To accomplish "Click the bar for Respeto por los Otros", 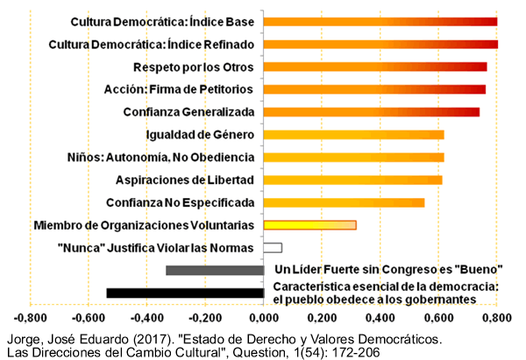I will [x=375, y=67].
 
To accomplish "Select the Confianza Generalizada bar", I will [x=372, y=111].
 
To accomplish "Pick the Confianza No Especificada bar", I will [x=344, y=202].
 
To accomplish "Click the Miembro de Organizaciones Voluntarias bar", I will [x=309, y=225].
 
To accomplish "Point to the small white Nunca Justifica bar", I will [x=273, y=248].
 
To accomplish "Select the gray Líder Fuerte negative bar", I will [x=215, y=270].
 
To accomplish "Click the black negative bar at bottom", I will [x=185, y=293].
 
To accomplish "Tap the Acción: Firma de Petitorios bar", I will [x=374, y=88].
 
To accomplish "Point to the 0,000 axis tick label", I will [x=264, y=318].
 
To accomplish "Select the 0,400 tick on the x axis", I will [x=380, y=318].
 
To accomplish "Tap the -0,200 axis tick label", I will [x=205, y=318].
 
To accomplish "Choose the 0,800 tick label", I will [x=497, y=318].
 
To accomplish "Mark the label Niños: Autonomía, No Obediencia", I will [x=160, y=157].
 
